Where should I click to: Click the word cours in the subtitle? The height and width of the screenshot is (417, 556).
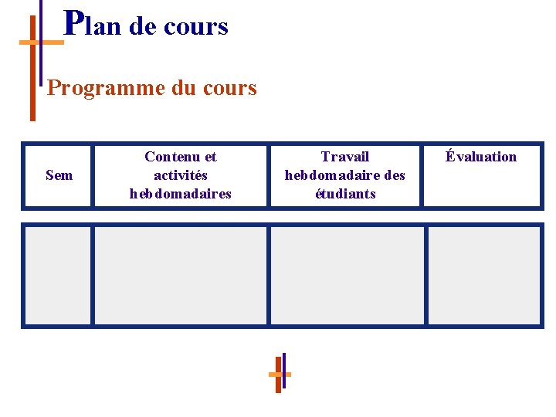pos(228,88)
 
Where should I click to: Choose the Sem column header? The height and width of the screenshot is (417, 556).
pos(59,175)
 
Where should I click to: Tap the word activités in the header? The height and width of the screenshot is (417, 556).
pos(181,175)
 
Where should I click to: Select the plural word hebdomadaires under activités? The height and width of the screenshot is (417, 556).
pos(181,194)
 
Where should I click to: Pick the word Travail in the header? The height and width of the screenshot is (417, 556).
pos(345,157)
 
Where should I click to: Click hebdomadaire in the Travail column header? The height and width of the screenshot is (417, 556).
pos(332,175)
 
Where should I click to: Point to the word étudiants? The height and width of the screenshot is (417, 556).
pos(345,194)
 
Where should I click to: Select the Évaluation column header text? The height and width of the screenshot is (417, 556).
pos(481,157)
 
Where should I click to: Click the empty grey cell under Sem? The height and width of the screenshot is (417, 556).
pos(57,276)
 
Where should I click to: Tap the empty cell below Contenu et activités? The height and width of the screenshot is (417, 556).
pos(180,276)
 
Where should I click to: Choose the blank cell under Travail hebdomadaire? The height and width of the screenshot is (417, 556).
pos(347,276)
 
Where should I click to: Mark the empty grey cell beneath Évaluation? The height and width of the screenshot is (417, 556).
pos(484,276)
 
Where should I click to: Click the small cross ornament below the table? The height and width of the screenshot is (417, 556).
pos(280,373)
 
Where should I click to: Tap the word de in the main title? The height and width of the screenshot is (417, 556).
pos(143,27)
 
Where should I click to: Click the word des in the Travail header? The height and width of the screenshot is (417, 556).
pos(394,175)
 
